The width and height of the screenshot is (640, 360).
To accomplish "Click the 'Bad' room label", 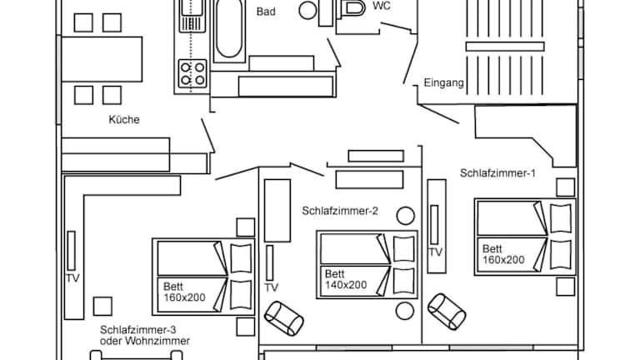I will click(x=266, y=12).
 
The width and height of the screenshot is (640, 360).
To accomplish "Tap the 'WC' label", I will click(x=382, y=6).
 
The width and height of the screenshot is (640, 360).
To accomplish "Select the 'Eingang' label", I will click(x=443, y=83).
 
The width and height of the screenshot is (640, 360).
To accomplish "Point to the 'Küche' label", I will click(x=124, y=120).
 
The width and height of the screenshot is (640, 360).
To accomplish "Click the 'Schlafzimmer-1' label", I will click(x=497, y=173).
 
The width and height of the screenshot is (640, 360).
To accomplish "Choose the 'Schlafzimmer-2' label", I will click(x=340, y=212).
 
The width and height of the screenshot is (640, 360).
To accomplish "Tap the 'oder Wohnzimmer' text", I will click(x=144, y=342).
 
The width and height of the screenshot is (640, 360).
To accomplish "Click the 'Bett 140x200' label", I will click(x=345, y=279).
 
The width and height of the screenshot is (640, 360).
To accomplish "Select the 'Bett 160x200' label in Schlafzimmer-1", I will click(x=502, y=254).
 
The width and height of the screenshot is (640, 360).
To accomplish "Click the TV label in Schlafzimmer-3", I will click(x=72, y=278).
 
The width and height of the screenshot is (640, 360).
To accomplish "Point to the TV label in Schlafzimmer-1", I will click(x=435, y=252).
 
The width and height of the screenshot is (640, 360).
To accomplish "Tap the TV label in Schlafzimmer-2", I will click(x=271, y=287).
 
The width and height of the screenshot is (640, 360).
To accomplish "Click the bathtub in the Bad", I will click(x=228, y=30).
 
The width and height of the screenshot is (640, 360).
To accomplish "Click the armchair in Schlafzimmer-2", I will click(x=283, y=317).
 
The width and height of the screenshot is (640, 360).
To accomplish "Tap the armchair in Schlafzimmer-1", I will click(x=446, y=310).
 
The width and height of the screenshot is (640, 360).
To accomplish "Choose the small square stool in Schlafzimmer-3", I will click(x=103, y=306).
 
